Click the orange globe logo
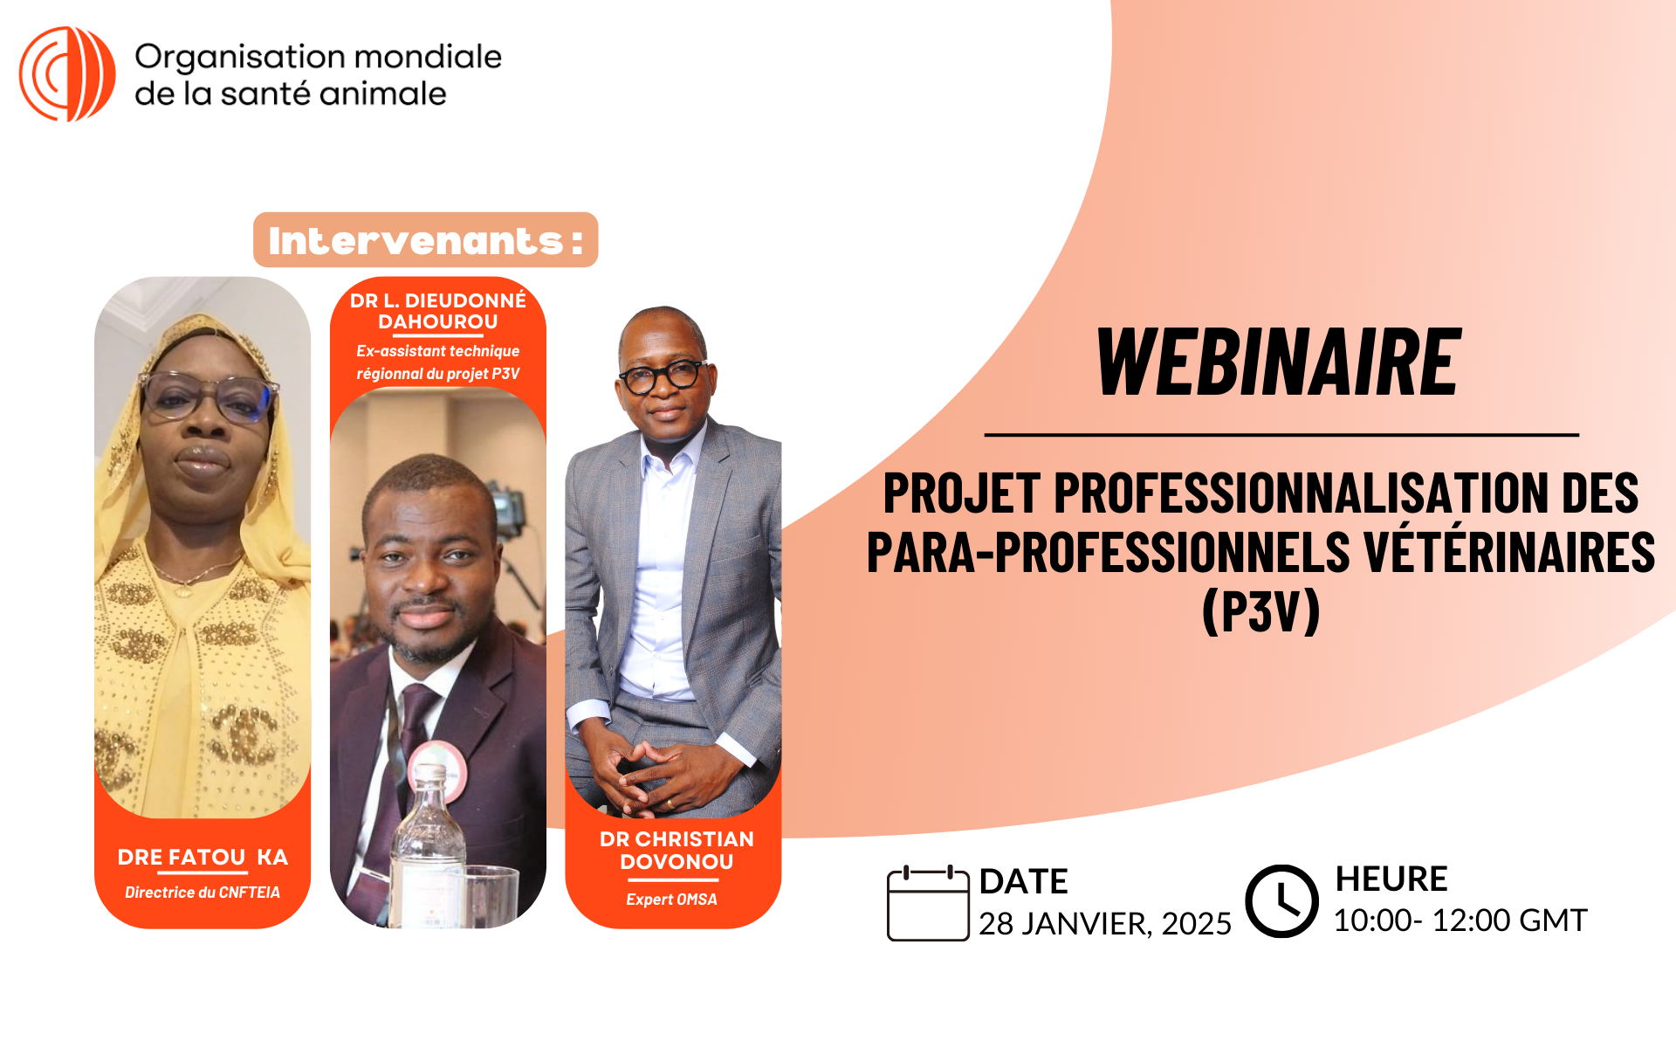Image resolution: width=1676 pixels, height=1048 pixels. click(67, 74)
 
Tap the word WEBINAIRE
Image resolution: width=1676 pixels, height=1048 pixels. click(1279, 362)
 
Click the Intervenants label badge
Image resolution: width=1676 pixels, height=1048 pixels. click(426, 240)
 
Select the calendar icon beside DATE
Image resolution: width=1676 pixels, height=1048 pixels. click(928, 903)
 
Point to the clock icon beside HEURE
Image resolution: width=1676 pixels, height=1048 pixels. click(1281, 901)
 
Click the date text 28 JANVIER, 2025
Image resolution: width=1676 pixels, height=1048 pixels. click(1104, 924)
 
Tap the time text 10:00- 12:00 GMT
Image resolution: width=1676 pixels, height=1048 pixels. click(1460, 920)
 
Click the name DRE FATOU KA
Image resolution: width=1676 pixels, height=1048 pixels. click(203, 858)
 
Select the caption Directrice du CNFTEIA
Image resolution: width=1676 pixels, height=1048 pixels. click(203, 893)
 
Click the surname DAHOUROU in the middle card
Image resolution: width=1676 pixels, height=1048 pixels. click(438, 321)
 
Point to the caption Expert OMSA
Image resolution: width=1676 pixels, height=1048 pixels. click(671, 900)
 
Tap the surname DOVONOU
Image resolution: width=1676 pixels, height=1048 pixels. click(677, 862)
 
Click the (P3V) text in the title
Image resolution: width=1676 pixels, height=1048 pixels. click(1261, 611)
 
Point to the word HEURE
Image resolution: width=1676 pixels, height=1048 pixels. click(1391, 879)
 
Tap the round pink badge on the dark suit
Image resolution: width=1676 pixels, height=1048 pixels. click(437, 769)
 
